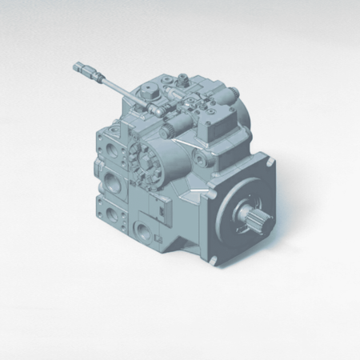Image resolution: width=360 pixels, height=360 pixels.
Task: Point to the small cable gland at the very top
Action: tap(182, 78)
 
